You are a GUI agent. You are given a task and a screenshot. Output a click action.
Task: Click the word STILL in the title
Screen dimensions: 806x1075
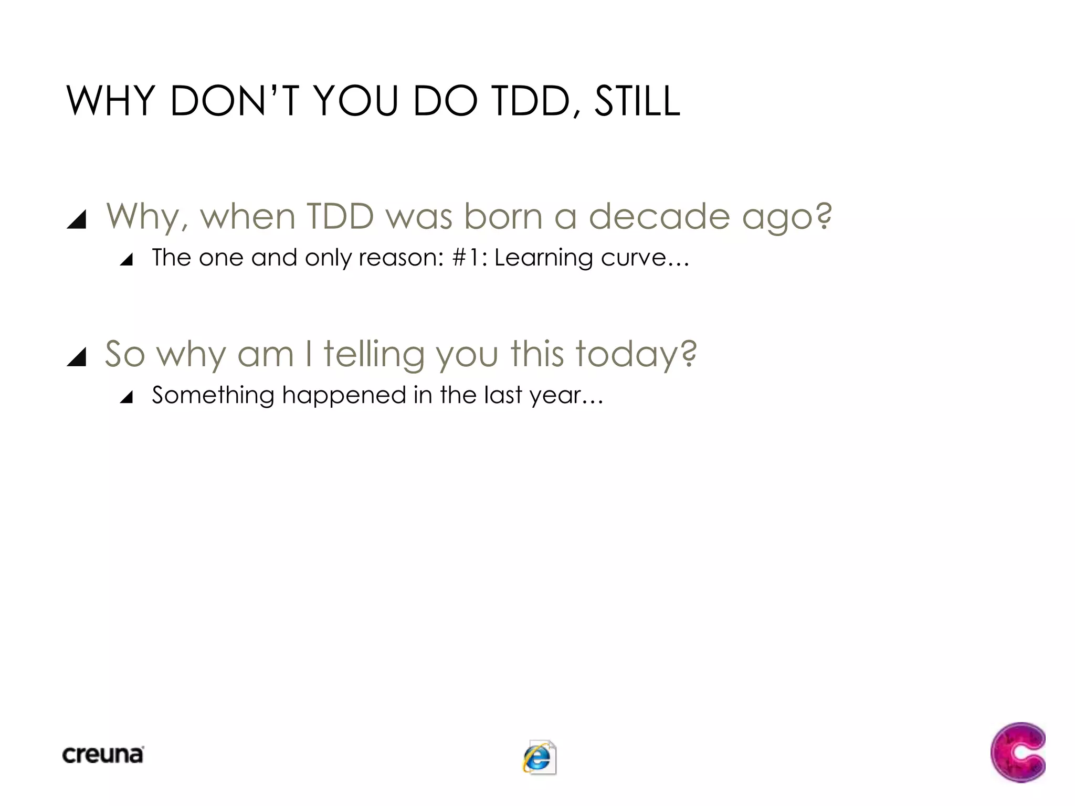tap(637, 101)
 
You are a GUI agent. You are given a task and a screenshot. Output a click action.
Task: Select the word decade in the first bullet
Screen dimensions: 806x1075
tap(659, 216)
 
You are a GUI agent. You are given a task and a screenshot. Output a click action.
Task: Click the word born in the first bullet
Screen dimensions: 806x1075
tap(503, 216)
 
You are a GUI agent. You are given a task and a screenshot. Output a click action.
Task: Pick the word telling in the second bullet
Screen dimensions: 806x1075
tap(374, 354)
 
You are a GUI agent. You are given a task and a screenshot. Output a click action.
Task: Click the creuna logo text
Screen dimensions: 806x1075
tap(103, 755)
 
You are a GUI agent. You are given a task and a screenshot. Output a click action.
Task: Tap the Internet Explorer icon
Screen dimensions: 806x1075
tap(539, 757)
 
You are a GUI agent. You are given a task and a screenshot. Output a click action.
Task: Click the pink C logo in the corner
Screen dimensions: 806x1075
tap(1018, 752)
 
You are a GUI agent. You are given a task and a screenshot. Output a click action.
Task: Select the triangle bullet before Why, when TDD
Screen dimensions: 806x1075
tap(77, 219)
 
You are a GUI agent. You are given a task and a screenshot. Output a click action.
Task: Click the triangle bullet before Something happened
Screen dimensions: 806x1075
tap(126, 397)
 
